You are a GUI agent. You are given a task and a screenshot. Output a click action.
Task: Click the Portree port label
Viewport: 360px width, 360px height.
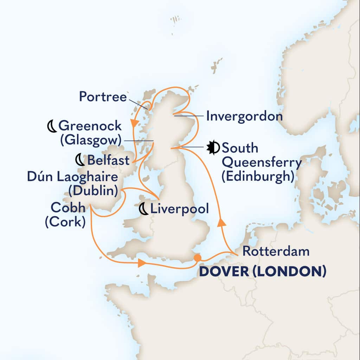(103, 97)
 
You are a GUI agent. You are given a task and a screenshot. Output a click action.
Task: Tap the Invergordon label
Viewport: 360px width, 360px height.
(244, 116)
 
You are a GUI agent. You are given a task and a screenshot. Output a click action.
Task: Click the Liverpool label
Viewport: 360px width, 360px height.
(179, 209)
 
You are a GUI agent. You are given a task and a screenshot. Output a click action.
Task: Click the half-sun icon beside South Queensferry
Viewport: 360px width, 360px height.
(213, 148)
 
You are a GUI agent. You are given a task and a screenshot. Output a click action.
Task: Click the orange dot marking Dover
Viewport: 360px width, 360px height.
(198, 258)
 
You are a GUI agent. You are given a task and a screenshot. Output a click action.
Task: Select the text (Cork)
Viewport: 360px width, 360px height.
(65, 223)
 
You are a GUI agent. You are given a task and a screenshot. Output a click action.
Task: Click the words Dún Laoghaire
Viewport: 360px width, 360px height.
(72, 177)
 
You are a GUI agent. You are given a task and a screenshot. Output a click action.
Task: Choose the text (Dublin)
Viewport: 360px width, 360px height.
(93, 191)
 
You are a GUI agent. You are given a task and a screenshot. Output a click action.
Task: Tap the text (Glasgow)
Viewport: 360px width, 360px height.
(90, 140)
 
